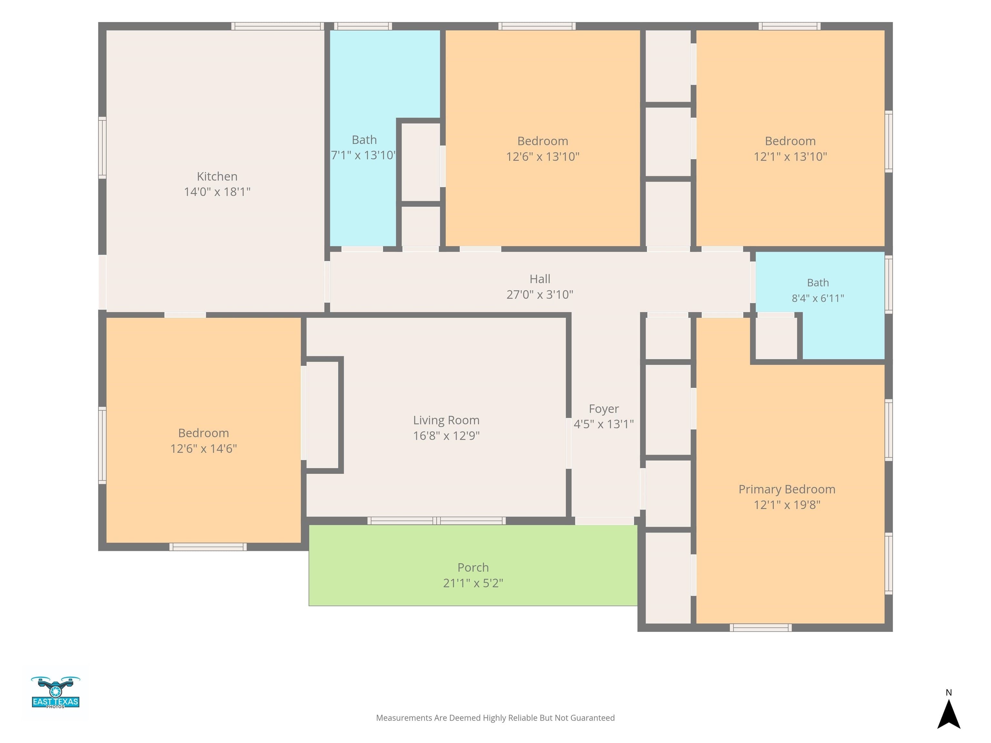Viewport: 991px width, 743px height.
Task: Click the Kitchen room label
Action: click(x=217, y=176)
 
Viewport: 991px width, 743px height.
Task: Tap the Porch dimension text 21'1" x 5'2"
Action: click(x=473, y=583)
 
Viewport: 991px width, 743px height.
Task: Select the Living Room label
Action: click(x=446, y=420)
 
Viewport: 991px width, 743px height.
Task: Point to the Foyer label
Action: click(x=604, y=409)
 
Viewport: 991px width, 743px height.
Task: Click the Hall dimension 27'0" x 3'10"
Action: click(x=540, y=294)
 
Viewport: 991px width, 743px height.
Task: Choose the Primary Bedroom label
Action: click(x=787, y=489)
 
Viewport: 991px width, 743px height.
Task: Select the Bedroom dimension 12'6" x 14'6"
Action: click(x=204, y=448)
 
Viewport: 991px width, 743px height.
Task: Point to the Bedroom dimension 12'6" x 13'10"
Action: click(x=543, y=156)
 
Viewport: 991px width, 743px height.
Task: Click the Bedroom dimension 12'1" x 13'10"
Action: click(x=790, y=156)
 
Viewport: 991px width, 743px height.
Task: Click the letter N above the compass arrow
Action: click(x=949, y=692)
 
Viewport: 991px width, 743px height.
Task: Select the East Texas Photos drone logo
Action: click(x=55, y=692)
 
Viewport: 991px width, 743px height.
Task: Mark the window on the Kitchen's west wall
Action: click(x=102, y=147)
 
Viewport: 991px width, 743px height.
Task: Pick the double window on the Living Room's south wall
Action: click(x=436, y=520)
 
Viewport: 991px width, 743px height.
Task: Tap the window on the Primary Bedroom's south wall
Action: click(x=760, y=628)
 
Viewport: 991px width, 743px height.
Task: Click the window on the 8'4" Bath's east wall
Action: click(x=889, y=284)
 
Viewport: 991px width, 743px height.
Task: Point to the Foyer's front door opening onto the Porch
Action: click(x=604, y=520)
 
